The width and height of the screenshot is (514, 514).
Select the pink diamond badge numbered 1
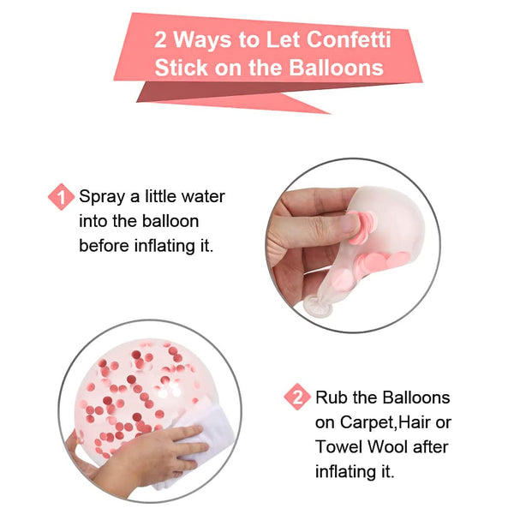61,198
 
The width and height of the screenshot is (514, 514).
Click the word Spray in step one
101,197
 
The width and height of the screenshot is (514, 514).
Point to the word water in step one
200,197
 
